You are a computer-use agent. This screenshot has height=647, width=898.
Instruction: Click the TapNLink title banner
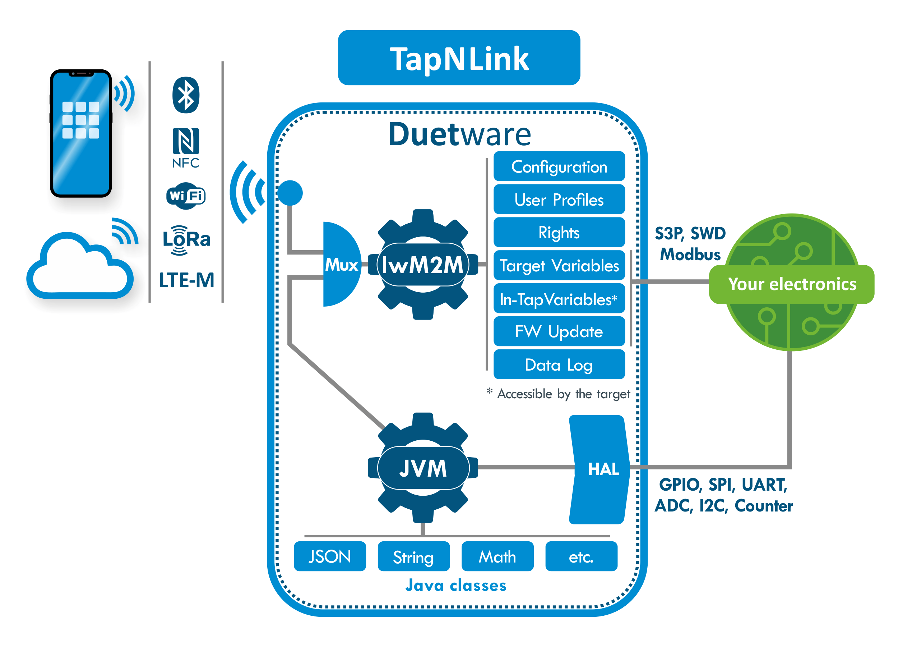tap(459, 58)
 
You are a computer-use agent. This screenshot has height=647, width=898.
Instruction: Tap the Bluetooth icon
tap(186, 95)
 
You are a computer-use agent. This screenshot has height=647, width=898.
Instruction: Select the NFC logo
tap(186, 147)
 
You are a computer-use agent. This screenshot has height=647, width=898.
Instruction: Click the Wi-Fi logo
tap(186, 196)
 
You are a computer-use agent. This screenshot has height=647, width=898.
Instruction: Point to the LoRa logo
tap(186, 240)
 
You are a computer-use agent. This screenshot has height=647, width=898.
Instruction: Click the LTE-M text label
tap(186, 280)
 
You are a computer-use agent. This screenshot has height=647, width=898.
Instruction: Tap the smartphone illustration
tap(81, 133)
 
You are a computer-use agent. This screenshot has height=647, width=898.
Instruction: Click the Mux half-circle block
tap(341, 264)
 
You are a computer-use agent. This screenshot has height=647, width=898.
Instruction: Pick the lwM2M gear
tap(423, 264)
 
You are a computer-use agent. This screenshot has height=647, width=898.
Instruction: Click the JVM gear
tap(423, 468)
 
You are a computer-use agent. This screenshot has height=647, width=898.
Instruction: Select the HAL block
tap(600, 469)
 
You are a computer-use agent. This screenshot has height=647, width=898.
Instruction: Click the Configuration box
tap(559, 167)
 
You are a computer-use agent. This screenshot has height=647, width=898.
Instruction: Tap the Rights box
tap(559, 233)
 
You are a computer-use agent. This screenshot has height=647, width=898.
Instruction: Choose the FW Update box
tap(559, 331)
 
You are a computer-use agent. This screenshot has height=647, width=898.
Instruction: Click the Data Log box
tap(559, 364)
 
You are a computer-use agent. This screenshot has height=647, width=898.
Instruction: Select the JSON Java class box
tap(329, 556)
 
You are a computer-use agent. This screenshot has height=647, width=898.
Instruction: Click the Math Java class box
tap(497, 556)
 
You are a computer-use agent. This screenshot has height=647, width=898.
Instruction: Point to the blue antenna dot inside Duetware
tap(290, 193)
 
